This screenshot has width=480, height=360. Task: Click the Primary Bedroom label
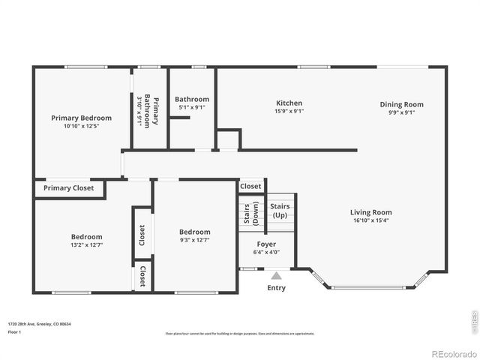coord(81,118)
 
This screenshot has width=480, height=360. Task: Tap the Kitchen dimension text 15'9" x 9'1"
coord(289,111)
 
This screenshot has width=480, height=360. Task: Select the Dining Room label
coord(401,104)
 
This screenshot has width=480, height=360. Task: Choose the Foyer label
coord(266,244)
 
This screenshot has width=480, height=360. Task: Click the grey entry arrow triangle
coord(276,276)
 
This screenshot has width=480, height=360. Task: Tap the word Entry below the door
coord(276,288)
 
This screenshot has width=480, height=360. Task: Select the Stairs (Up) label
coord(280,210)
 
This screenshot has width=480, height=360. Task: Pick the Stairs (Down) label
coord(251,213)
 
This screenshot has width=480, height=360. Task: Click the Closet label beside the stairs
coord(250,186)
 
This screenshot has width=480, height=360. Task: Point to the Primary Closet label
coord(68,188)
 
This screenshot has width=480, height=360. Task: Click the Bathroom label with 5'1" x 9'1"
coord(191,99)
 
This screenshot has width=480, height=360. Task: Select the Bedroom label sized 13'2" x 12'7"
coord(87,236)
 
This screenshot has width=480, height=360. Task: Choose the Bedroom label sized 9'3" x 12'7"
coord(195,232)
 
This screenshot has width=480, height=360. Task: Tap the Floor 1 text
coord(15,331)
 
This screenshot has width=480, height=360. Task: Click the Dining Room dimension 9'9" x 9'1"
coord(401,112)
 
